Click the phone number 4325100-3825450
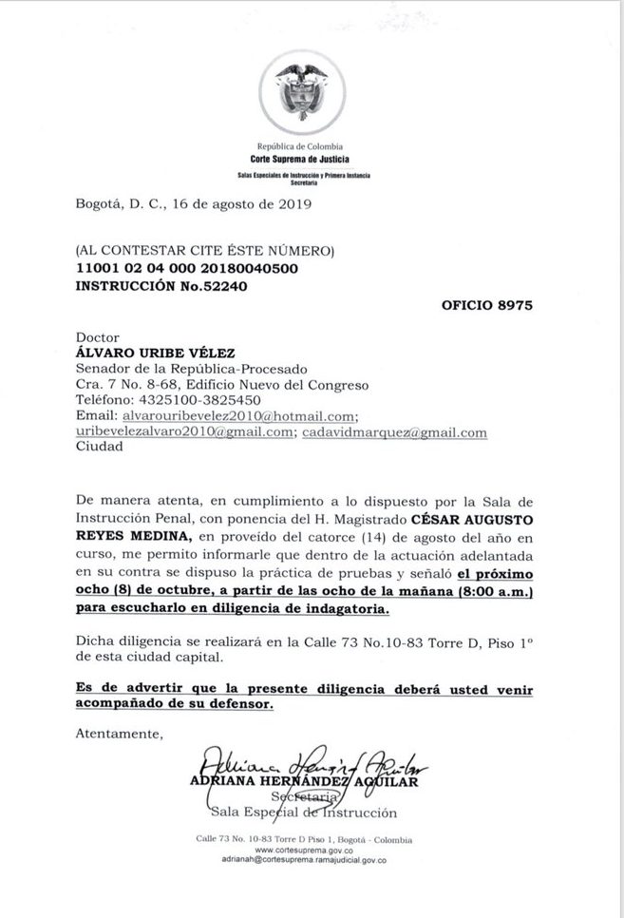coord(201,401)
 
